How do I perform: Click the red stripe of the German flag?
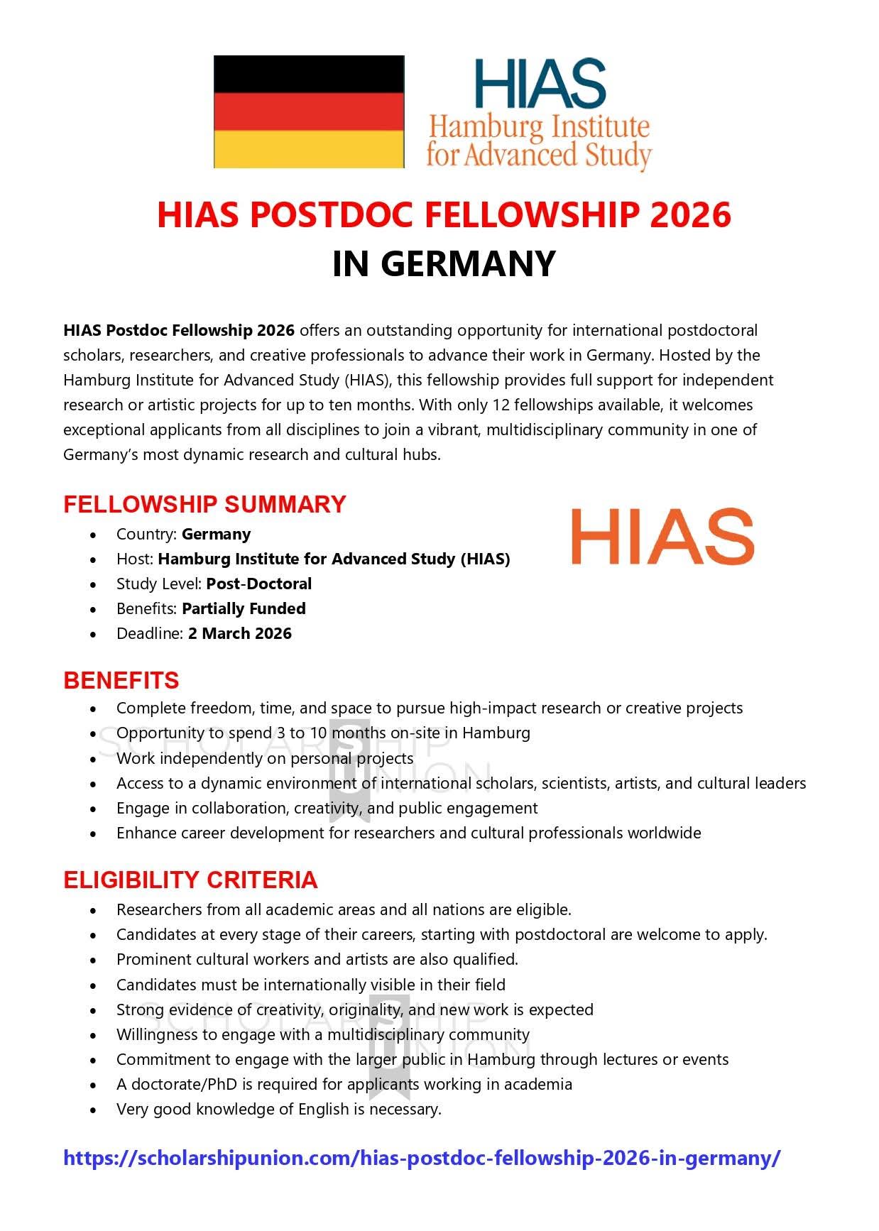[309, 111]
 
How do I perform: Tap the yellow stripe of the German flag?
[309, 149]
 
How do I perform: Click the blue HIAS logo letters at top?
[540, 83]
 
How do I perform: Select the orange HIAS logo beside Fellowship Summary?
[662, 537]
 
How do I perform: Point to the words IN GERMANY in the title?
[444, 263]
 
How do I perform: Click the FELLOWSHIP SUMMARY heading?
[204, 504]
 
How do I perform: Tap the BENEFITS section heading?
[121, 680]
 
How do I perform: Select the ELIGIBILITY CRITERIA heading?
[190, 880]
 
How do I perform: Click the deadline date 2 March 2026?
[240, 633]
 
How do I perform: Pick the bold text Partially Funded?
[244, 608]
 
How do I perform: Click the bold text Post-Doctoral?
[259, 584]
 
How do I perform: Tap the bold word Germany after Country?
[217, 534]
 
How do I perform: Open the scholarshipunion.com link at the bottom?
[422, 1158]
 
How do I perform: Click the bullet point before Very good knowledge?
[94, 1110]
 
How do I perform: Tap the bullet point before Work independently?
[94, 759]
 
